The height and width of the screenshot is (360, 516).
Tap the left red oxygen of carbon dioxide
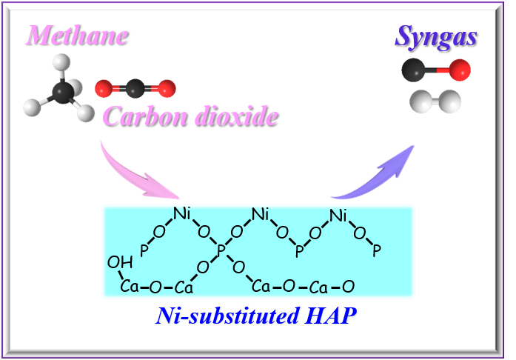(x=104, y=90)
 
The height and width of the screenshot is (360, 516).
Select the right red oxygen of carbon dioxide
(x=167, y=89)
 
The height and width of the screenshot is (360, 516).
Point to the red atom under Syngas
(x=460, y=71)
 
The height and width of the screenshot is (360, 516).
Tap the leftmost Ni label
(x=182, y=215)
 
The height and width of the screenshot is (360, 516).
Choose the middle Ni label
(x=260, y=215)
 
